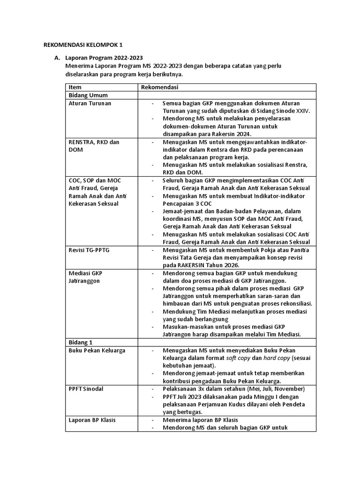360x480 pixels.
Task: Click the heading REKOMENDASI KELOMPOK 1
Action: tap(82, 45)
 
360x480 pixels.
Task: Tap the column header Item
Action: tap(75, 87)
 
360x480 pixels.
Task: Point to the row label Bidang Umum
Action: tap(88, 95)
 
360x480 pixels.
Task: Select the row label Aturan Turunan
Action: tap(90, 103)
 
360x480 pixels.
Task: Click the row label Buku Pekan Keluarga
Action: tap(97, 351)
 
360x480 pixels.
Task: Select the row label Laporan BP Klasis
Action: tap(92, 420)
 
